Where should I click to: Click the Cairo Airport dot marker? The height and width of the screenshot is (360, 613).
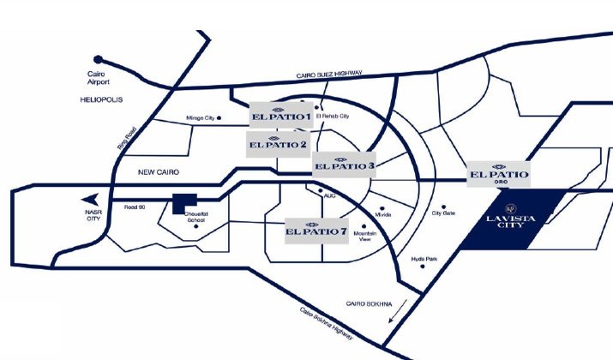(99, 59)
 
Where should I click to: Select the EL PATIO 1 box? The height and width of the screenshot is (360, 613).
(280, 115)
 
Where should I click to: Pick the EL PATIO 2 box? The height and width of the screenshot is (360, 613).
(278, 142)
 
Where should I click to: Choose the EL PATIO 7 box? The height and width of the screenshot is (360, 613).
(317, 230)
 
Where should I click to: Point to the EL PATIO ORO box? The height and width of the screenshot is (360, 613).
(498, 174)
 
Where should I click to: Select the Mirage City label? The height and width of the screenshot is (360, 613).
(201, 118)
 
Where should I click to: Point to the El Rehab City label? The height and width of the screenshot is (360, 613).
(333, 117)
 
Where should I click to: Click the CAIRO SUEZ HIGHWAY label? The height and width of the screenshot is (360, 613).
(329, 75)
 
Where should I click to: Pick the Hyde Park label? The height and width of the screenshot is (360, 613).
(424, 258)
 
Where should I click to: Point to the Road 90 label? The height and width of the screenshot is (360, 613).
(136, 207)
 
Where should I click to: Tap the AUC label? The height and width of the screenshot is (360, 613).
(330, 195)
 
